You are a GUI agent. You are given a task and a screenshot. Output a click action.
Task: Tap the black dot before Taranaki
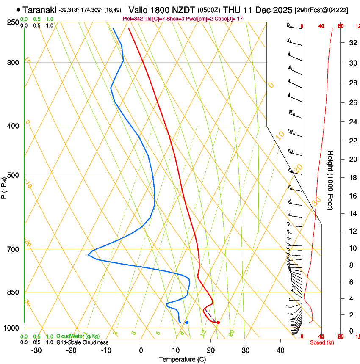point(18,10)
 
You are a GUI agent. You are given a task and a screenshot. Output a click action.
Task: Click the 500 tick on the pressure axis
point(14,175)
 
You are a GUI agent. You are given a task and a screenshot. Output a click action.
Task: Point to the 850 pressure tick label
point(14,292)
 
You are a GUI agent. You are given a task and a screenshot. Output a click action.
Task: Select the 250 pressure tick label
point(14,22)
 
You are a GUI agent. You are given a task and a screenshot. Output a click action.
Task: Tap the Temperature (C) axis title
point(182,359)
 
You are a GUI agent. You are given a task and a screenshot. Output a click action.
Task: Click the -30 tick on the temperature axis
point(36,350)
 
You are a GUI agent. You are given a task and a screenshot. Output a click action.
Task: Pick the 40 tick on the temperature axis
point(280,350)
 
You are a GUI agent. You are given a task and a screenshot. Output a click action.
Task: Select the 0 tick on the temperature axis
point(141,350)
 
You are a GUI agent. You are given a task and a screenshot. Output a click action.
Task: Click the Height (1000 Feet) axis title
point(331,180)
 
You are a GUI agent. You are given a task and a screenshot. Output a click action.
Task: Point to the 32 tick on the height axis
point(352,43)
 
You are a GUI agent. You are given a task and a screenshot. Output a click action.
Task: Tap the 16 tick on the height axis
point(352,196)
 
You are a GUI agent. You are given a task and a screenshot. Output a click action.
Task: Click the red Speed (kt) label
point(321,342)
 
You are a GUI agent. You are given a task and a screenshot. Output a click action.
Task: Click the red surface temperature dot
point(218,323)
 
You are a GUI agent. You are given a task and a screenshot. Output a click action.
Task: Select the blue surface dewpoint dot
point(187,323)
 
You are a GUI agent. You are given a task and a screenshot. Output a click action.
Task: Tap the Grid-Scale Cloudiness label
point(82,342)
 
